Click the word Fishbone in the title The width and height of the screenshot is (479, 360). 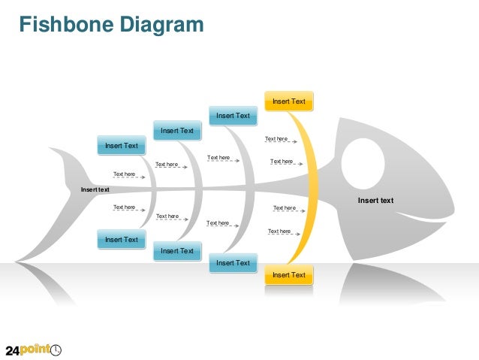click(x=62, y=25)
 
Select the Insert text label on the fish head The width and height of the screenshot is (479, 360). click(x=375, y=201)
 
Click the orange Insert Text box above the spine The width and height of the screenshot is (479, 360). click(x=288, y=101)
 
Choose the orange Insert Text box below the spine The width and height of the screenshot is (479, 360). click(x=288, y=275)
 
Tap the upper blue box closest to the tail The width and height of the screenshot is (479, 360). click(x=122, y=146)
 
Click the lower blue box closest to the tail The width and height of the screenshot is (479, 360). click(x=122, y=240)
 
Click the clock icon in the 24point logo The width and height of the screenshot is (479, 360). click(x=56, y=349)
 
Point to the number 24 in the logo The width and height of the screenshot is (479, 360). click(x=14, y=350)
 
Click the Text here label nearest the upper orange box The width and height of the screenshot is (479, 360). click(x=276, y=139)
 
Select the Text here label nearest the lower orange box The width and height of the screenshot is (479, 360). click(x=279, y=231)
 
